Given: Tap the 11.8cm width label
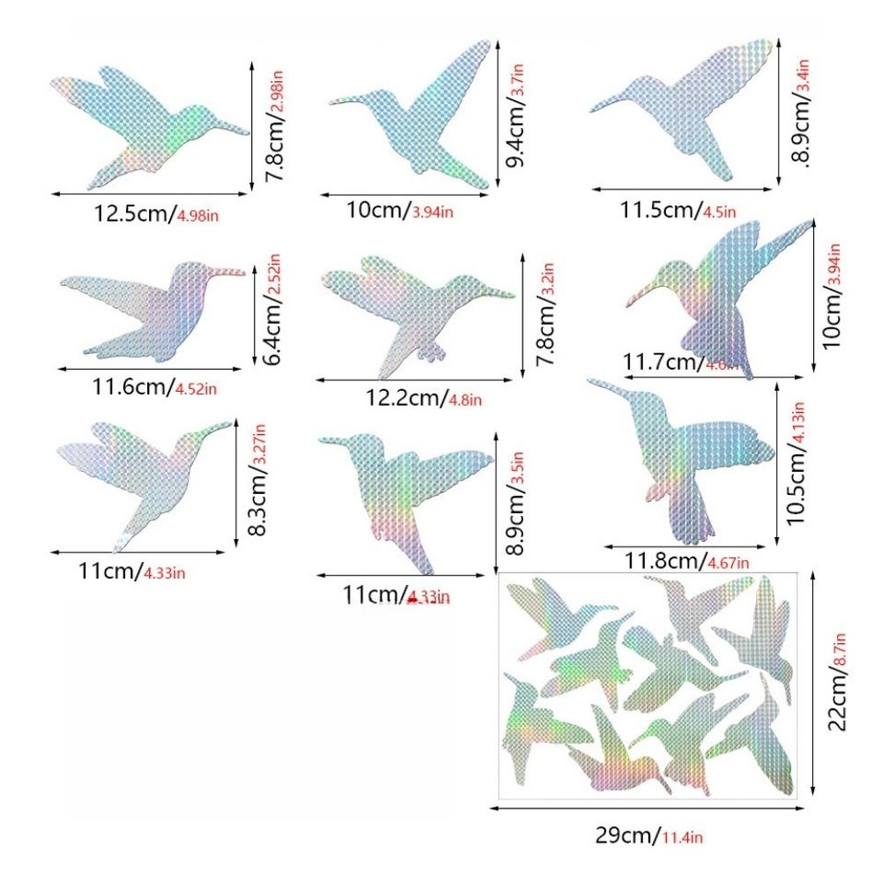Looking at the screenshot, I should pos(664,561).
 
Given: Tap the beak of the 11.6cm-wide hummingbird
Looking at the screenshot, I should pos(230,270).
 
